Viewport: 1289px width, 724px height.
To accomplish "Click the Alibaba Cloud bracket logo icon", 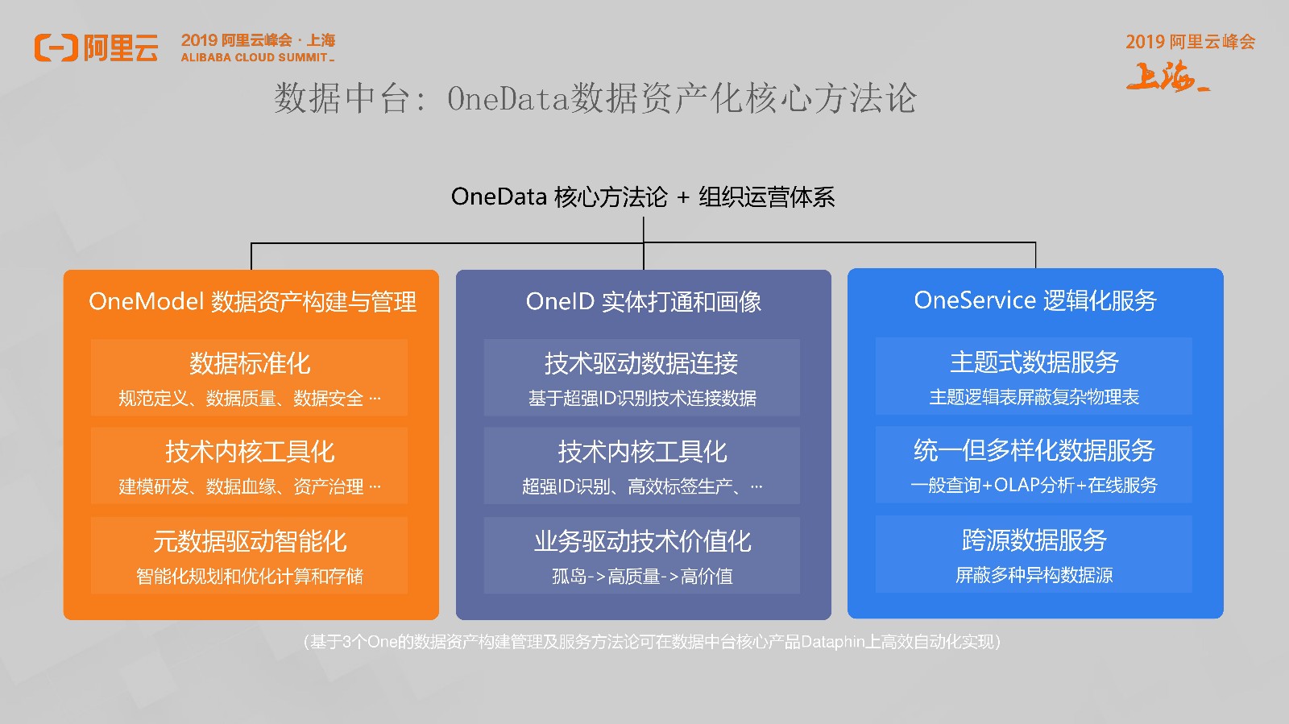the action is point(56,48).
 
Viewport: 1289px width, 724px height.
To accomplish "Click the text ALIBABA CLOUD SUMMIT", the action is point(255,57).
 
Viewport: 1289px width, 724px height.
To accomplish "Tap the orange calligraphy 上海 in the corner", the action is point(1167,77).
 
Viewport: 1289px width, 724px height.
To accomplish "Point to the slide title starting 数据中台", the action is point(595,97).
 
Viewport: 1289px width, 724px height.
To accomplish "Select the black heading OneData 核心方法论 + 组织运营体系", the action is point(643,197).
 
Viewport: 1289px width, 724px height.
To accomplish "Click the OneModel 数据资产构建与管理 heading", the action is point(252,301).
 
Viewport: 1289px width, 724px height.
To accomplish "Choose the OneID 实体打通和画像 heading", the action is point(644,301).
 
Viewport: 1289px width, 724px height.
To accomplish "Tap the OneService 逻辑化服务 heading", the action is point(1035,300).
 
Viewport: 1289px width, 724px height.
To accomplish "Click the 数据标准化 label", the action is point(250,363).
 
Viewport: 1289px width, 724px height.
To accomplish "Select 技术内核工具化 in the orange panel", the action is point(250,452).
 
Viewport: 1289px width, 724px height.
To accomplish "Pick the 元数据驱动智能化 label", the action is point(250,541).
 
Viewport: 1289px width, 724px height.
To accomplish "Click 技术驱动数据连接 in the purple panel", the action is point(641,363).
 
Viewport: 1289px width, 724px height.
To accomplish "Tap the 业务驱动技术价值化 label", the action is point(642,541).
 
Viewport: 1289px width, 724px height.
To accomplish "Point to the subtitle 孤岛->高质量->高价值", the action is point(642,576).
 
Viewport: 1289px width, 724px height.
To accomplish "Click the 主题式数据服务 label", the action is point(1034,362).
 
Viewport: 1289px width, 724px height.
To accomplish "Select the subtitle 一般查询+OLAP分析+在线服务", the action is point(1034,485).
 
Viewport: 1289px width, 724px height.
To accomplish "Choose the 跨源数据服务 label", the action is point(1034,540).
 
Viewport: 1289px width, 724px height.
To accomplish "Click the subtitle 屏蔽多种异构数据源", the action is point(1034,574).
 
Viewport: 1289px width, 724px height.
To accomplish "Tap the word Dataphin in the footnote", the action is point(833,642).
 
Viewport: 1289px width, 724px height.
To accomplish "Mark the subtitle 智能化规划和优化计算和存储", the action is point(250,576).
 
